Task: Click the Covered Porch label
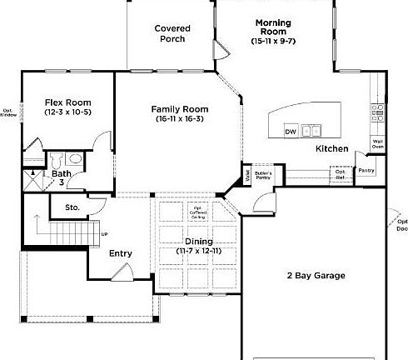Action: tap(172, 33)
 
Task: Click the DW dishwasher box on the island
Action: tap(291, 132)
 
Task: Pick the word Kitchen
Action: tap(331, 148)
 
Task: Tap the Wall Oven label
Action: tap(377, 143)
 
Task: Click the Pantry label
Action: tap(366, 171)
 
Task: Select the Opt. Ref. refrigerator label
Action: tap(341, 174)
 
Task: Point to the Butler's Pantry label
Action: tap(264, 174)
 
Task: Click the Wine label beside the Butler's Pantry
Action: tap(248, 175)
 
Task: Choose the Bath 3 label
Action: tap(62, 177)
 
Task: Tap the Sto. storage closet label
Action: tap(72, 207)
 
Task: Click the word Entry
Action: tap(121, 253)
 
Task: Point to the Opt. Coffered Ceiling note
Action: tap(199, 213)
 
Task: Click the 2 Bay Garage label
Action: tap(316, 276)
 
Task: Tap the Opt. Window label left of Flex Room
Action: tap(8, 112)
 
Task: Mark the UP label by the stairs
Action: tap(103, 233)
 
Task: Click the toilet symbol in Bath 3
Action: tap(57, 159)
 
